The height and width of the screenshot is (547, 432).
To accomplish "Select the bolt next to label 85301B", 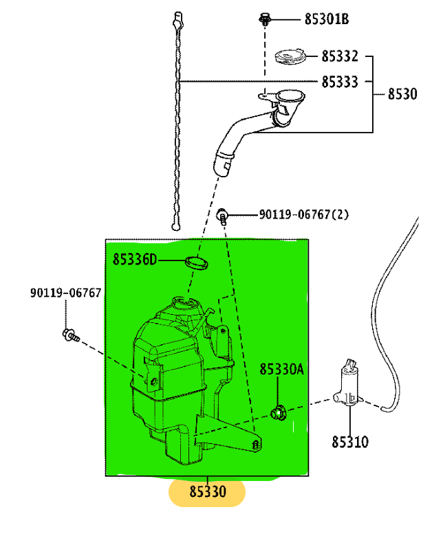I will (x=264, y=19).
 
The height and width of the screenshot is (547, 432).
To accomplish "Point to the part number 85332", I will (x=340, y=56).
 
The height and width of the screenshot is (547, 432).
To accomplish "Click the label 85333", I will (x=340, y=82).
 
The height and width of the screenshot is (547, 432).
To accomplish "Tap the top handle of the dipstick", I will (x=179, y=19).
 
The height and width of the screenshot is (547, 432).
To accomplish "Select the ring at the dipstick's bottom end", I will (x=177, y=226).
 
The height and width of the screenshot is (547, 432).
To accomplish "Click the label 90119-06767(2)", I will (x=303, y=214).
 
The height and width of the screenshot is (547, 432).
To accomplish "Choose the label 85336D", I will (x=135, y=259).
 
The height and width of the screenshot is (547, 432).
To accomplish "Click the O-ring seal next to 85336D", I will (x=197, y=262).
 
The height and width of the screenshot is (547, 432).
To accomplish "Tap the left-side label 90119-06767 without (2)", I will (x=65, y=293).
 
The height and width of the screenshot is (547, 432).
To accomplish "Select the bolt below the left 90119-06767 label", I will (x=69, y=335).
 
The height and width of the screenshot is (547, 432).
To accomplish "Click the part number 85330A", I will (x=281, y=370).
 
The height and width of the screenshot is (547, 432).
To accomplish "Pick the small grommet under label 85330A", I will (x=279, y=413).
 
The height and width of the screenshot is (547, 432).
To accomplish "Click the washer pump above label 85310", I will (x=349, y=385).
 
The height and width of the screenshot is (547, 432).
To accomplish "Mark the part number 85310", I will (x=349, y=442).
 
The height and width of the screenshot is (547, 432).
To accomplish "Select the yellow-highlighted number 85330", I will (x=207, y=492).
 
